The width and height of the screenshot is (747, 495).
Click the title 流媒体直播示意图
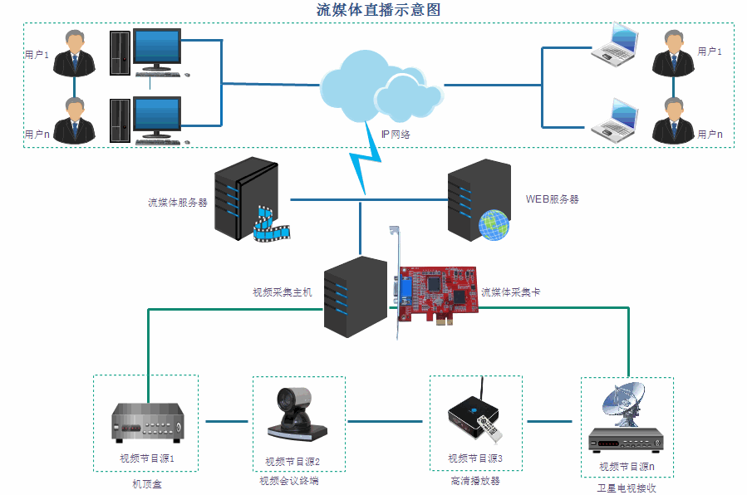(378, 10)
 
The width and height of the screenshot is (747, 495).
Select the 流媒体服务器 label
(178, 202)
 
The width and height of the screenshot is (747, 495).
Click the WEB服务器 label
(553, 199)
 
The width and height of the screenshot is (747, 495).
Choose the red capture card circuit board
(438, 291)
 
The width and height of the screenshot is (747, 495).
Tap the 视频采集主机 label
(282, 292)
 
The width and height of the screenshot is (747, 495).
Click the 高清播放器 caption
(475, 481)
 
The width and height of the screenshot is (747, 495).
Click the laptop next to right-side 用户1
(616, 45)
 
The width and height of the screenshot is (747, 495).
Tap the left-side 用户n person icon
(75, 120)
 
